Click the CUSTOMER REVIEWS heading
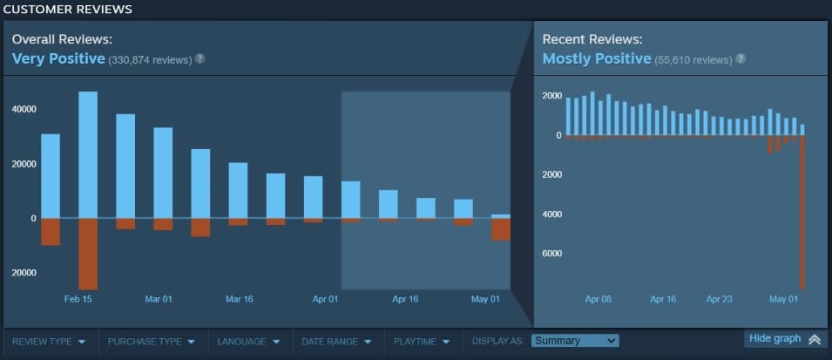(x=68, y=10)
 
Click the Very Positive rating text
(x=58, y=59)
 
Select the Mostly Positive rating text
(x=597, y=59)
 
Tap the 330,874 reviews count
(x=149, y=60)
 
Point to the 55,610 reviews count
(x=693, y=60)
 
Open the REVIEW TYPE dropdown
(x=49, y=342)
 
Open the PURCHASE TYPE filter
(x=151, y=342)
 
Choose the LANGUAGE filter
(x=248, y=342)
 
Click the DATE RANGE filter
(x=337, y=342)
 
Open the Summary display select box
(x=575, y=341)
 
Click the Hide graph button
(x=784, y=339)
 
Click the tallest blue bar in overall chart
(x=88, y=154)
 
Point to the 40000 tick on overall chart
(x=24, y=109)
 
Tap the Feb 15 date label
(x=78, y=299)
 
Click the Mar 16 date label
(x=239, y=299)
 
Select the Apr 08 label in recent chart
(x=599, y=299)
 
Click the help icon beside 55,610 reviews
(x=741, y=59)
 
